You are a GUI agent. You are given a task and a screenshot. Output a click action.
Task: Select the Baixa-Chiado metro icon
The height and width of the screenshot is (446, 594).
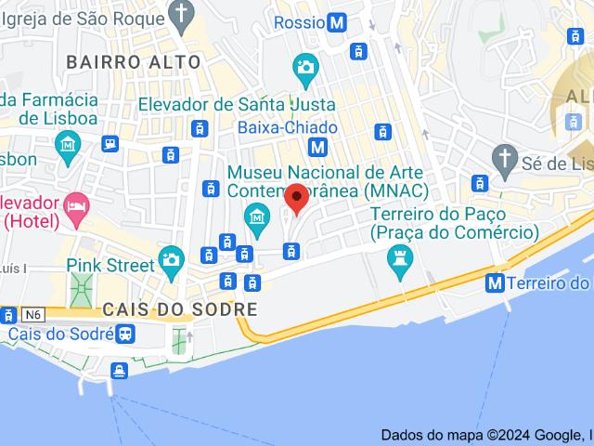tap(318, 147)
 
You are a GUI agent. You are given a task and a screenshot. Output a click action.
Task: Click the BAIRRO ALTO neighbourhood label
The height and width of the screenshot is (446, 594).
tap(134, 62)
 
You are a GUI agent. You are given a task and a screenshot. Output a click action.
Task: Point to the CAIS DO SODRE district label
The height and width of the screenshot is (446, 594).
tap(180, 308)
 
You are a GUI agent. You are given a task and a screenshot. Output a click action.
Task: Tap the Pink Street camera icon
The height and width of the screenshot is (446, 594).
tap(171, 260)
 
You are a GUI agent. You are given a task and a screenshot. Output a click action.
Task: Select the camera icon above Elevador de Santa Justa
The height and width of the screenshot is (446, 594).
tap(304, 67)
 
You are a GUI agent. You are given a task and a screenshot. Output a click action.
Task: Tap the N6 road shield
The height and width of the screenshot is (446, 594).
tap(34, 314)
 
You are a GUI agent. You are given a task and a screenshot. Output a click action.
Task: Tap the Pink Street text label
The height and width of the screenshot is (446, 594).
tap(110, 265)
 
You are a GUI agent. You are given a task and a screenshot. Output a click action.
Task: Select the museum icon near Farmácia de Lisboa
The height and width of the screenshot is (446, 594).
tap(69, 145)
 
